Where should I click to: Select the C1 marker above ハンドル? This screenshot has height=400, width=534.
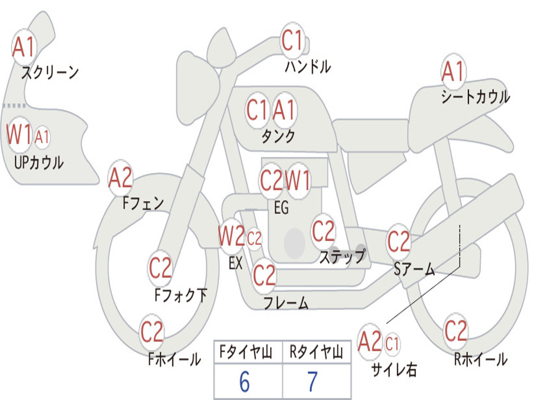point(293,41)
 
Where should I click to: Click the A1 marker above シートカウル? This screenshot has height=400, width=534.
point(453,72)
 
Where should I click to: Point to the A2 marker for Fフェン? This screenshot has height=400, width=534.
point(120,178)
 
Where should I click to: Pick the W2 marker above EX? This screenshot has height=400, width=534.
point(232,236)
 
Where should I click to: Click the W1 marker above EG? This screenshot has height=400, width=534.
point(298,180)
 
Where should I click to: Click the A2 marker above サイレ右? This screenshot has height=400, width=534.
point(370,342)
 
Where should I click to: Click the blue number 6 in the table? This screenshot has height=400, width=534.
point(245,382)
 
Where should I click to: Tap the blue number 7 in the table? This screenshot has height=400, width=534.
point(312,382)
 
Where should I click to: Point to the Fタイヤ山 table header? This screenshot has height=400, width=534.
point(246,352)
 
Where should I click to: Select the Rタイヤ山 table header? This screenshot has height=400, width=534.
point(316,352)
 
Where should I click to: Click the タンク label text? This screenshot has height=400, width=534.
point(278,136)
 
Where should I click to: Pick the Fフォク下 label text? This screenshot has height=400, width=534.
point(180,295)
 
